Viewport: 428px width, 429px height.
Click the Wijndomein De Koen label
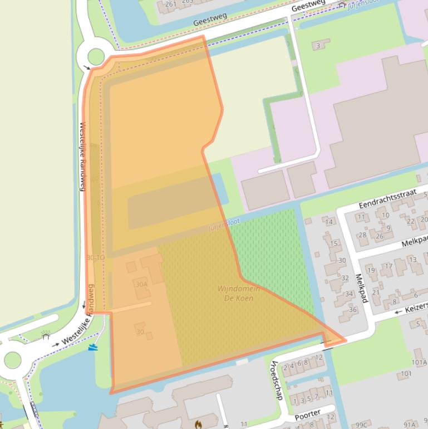235,293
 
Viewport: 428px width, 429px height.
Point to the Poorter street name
307,413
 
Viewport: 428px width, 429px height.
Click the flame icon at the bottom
198,425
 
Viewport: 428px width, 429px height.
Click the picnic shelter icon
46,336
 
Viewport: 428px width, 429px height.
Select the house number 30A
141,285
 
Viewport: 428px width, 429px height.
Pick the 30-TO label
96,257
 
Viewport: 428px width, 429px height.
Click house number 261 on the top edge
171,4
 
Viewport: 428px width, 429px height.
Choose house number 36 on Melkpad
352,310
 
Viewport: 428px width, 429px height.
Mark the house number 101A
419,362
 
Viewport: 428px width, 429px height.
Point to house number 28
362,235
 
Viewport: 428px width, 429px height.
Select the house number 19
371,270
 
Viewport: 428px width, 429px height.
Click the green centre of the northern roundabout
96,56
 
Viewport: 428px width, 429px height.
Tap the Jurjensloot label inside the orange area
224,224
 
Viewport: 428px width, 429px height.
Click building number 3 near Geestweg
318,46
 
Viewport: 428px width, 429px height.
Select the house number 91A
410,425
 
